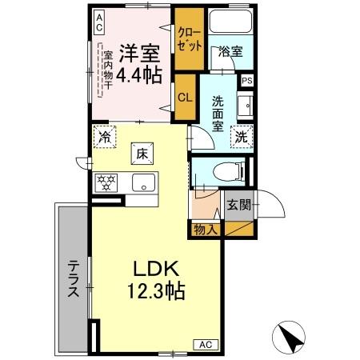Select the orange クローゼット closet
(x=189, y=39)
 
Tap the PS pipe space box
(x=247, y=81)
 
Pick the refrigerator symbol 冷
(x=104, y=136)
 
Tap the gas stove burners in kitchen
(x=107, y=181)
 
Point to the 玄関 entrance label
(x=238, y=204)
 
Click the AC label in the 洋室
(x=98, y=22)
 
